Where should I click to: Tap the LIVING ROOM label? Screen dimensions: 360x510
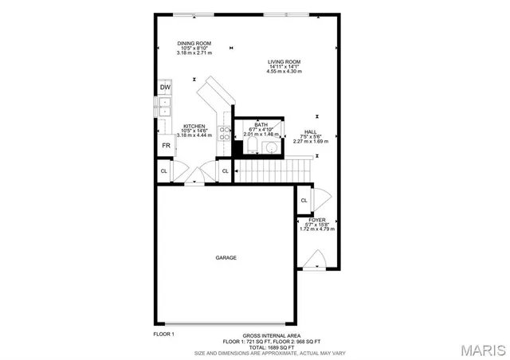click(284, 61)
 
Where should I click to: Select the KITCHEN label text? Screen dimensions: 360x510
click(194, 126)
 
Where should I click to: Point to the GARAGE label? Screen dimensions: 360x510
click(226, 257)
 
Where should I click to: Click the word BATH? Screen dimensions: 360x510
click(261, 125)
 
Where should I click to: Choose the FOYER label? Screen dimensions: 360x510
click(317, 218)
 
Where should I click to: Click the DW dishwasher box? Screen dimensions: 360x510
click(165, 88)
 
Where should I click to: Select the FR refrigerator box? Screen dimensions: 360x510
click(166, 146)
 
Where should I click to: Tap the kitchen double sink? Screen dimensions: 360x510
click(165, 107)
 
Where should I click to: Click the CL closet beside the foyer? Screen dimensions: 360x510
click(304, 201)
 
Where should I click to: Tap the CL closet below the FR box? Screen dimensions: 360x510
click(164, 171)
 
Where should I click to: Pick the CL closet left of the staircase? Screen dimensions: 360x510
click(226, 171)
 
